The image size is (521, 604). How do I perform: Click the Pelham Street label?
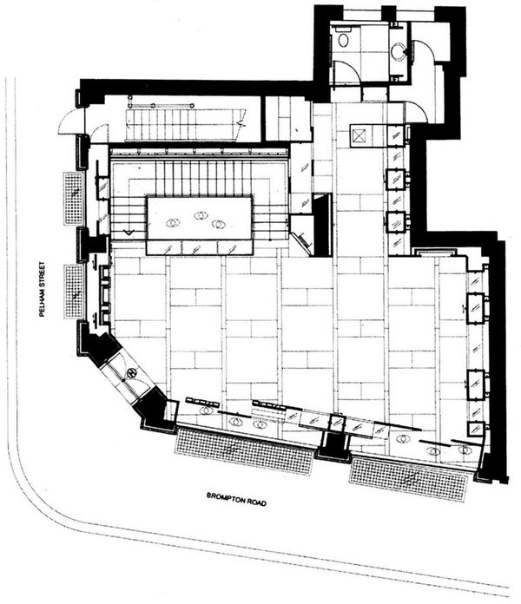point(42,289)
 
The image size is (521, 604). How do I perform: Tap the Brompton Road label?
point(236,499)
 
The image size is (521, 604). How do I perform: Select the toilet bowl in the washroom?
point(343,39)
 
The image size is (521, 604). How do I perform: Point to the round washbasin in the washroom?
point(398,50)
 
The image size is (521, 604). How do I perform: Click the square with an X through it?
point(359,136)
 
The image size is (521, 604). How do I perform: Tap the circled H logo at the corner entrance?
point(132,373)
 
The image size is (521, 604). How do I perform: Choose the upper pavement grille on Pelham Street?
point(74,198)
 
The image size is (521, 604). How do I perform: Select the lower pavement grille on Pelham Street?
point(74,292)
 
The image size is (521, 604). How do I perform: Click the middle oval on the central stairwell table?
point(201,215)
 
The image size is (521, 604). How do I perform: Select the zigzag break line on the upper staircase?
point(241,123)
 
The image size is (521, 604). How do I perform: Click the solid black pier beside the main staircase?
point(322,226)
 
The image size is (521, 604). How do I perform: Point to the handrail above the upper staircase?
point(161,104)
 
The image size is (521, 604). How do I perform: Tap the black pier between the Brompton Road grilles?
point(334,446)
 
